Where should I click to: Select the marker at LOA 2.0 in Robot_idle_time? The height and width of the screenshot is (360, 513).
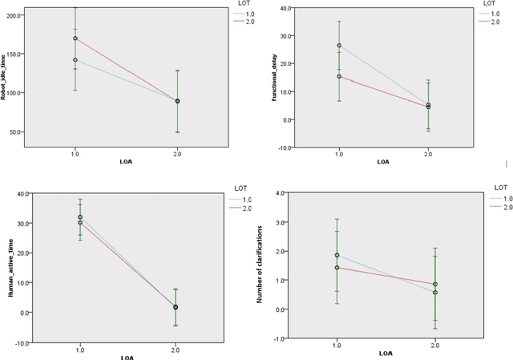(177, 101)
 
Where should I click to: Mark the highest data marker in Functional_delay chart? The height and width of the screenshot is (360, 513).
(339, 46)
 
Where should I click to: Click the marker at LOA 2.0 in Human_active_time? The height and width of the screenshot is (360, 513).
(176, 307)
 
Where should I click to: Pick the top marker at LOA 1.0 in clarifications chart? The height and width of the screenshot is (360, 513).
(337, 255)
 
